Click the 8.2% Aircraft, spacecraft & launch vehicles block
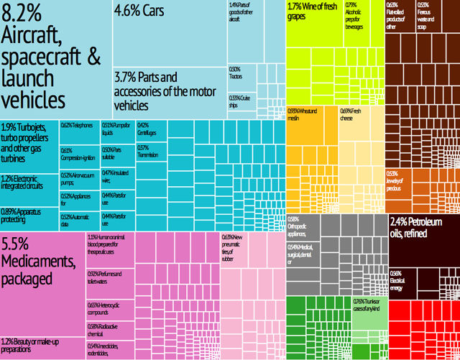[56, 57]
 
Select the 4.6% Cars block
[170, 32]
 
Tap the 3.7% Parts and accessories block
[170, 90]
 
